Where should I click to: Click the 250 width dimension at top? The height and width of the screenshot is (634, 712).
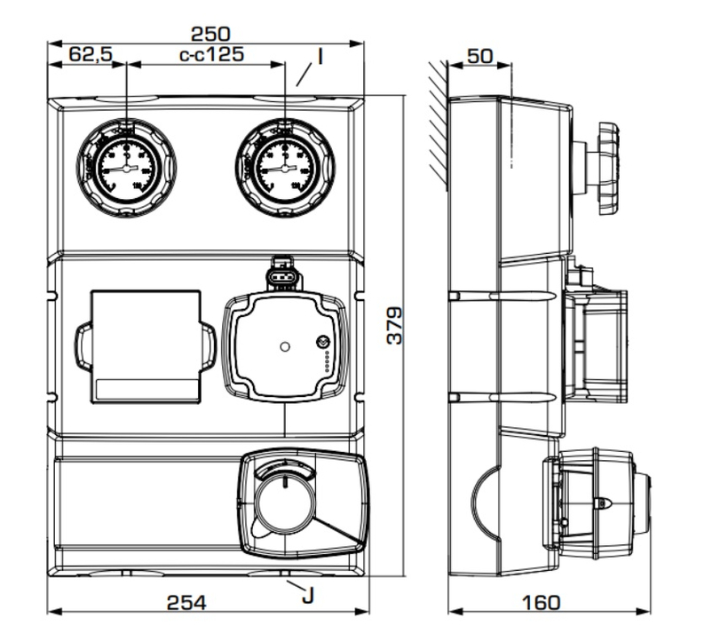[x=206, y=31]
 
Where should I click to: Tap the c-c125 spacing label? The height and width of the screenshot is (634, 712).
[x=211, y=55]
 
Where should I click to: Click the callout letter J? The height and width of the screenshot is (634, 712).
[x=308, y=597]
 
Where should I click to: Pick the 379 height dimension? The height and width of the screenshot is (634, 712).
[x=396, y=326]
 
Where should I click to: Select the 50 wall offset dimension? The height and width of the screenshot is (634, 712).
[x=479, y=55]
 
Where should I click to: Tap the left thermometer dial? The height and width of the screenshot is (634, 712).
[x=126, y=166]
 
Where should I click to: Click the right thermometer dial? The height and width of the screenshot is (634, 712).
[x=285, y=166]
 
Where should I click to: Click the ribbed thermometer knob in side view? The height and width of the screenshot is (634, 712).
[x=608, y=169]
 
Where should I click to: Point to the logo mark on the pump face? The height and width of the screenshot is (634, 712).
[x=320, y=340]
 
